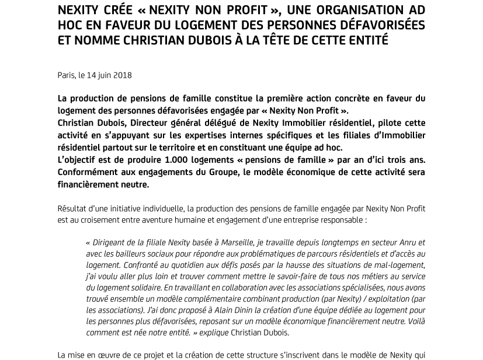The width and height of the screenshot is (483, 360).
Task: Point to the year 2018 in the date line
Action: pos(122,75)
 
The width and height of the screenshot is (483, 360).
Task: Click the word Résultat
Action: pos(73,208)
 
